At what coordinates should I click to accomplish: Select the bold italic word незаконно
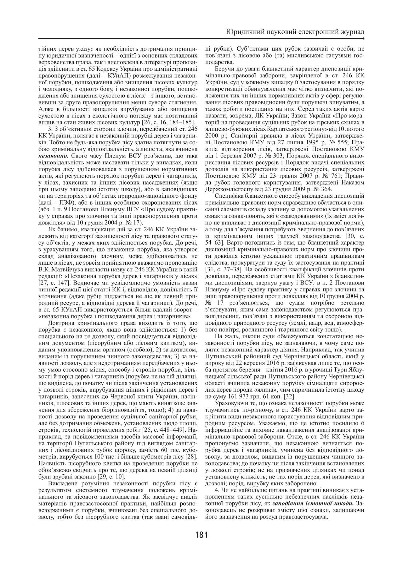[x=52, y=155]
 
